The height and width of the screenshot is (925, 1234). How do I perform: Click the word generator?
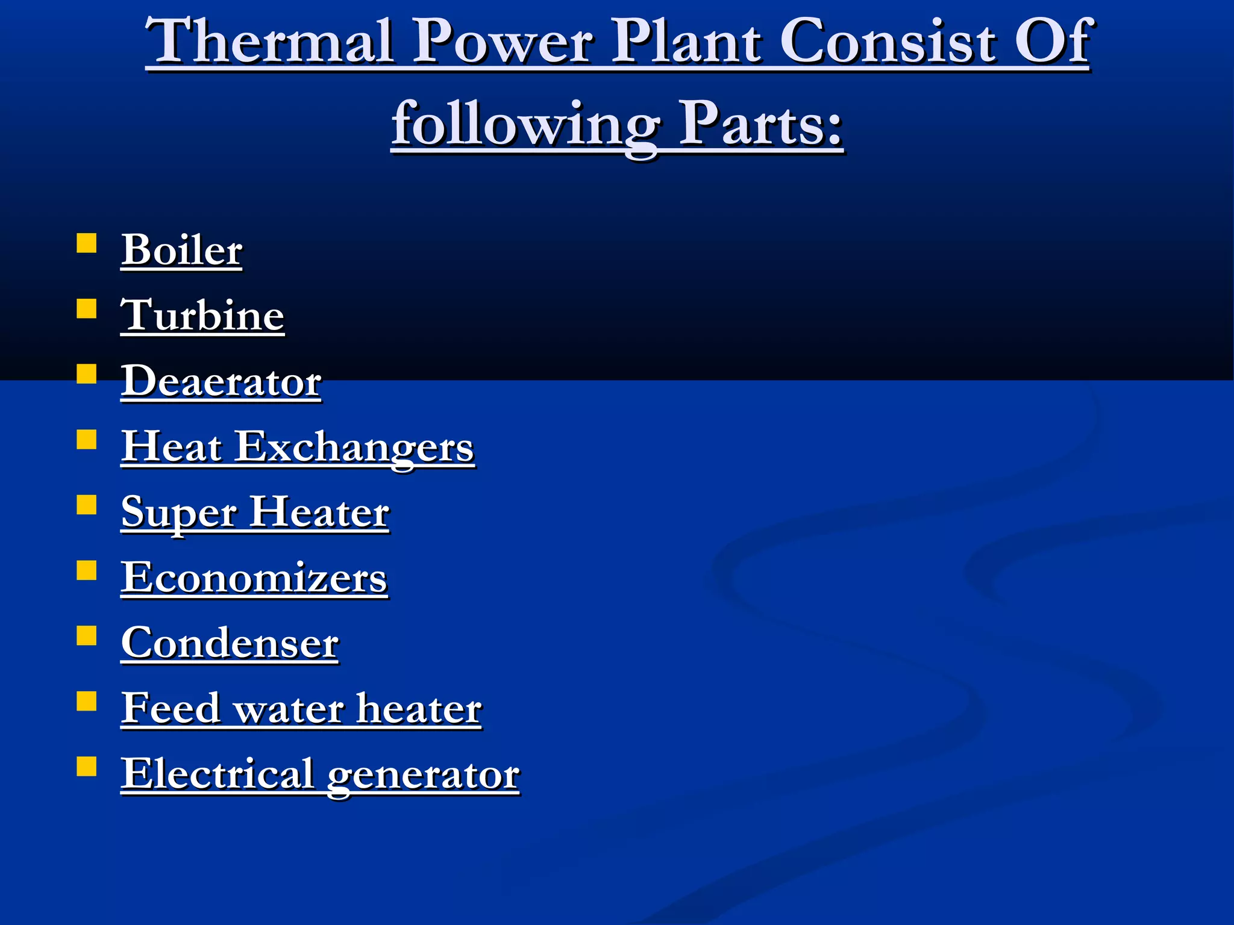(423, 775)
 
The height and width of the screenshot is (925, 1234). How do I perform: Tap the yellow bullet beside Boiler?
(87, 243)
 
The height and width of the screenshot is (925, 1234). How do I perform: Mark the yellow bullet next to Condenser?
(87, 636)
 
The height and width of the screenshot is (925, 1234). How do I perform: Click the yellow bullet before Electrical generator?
(87, 767)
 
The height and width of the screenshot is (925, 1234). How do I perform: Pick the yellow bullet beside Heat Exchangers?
(87, 440)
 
